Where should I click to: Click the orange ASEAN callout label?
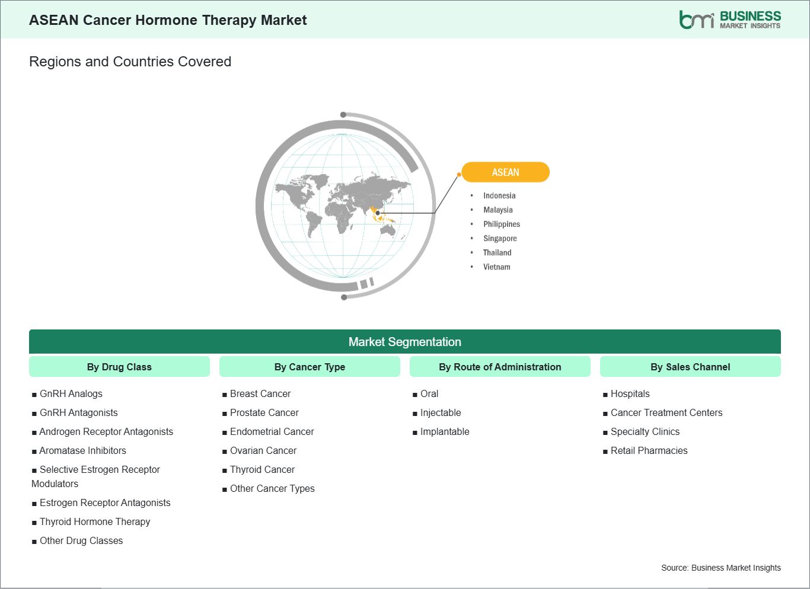point(505,172)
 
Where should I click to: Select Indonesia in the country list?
point(499,196)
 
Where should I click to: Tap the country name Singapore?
point(500,238)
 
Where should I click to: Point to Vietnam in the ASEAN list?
point(496,267)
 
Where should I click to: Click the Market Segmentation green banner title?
point(404,342)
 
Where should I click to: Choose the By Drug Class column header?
point(119,367)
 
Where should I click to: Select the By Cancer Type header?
point(310,367)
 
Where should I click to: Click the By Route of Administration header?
point(500,367)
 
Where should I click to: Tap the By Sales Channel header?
point(690,367)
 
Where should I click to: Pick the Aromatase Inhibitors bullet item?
point(82,450)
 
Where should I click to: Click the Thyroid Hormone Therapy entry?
point(95,521)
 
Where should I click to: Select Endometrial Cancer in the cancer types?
point(272,431)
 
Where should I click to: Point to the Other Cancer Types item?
point(272,488)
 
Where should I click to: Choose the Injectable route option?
point(441,412)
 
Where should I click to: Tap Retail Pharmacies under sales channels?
point(649,450)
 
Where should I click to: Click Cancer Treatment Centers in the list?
point(667,412)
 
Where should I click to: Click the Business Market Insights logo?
point(729,20)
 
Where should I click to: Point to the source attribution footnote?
point(720,568)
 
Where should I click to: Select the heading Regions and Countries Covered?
point(130,62)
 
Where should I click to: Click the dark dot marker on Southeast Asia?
point(378,213)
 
